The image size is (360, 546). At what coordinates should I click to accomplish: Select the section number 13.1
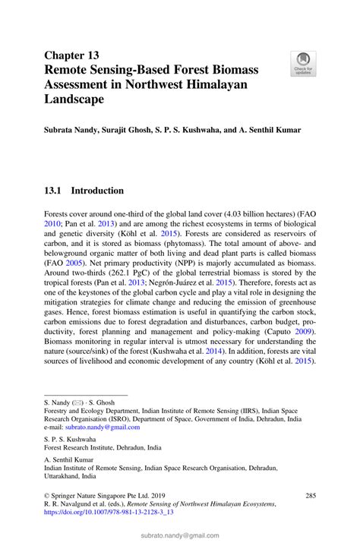[56, 191]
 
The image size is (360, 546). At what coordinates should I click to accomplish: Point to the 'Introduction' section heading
[97, 191]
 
